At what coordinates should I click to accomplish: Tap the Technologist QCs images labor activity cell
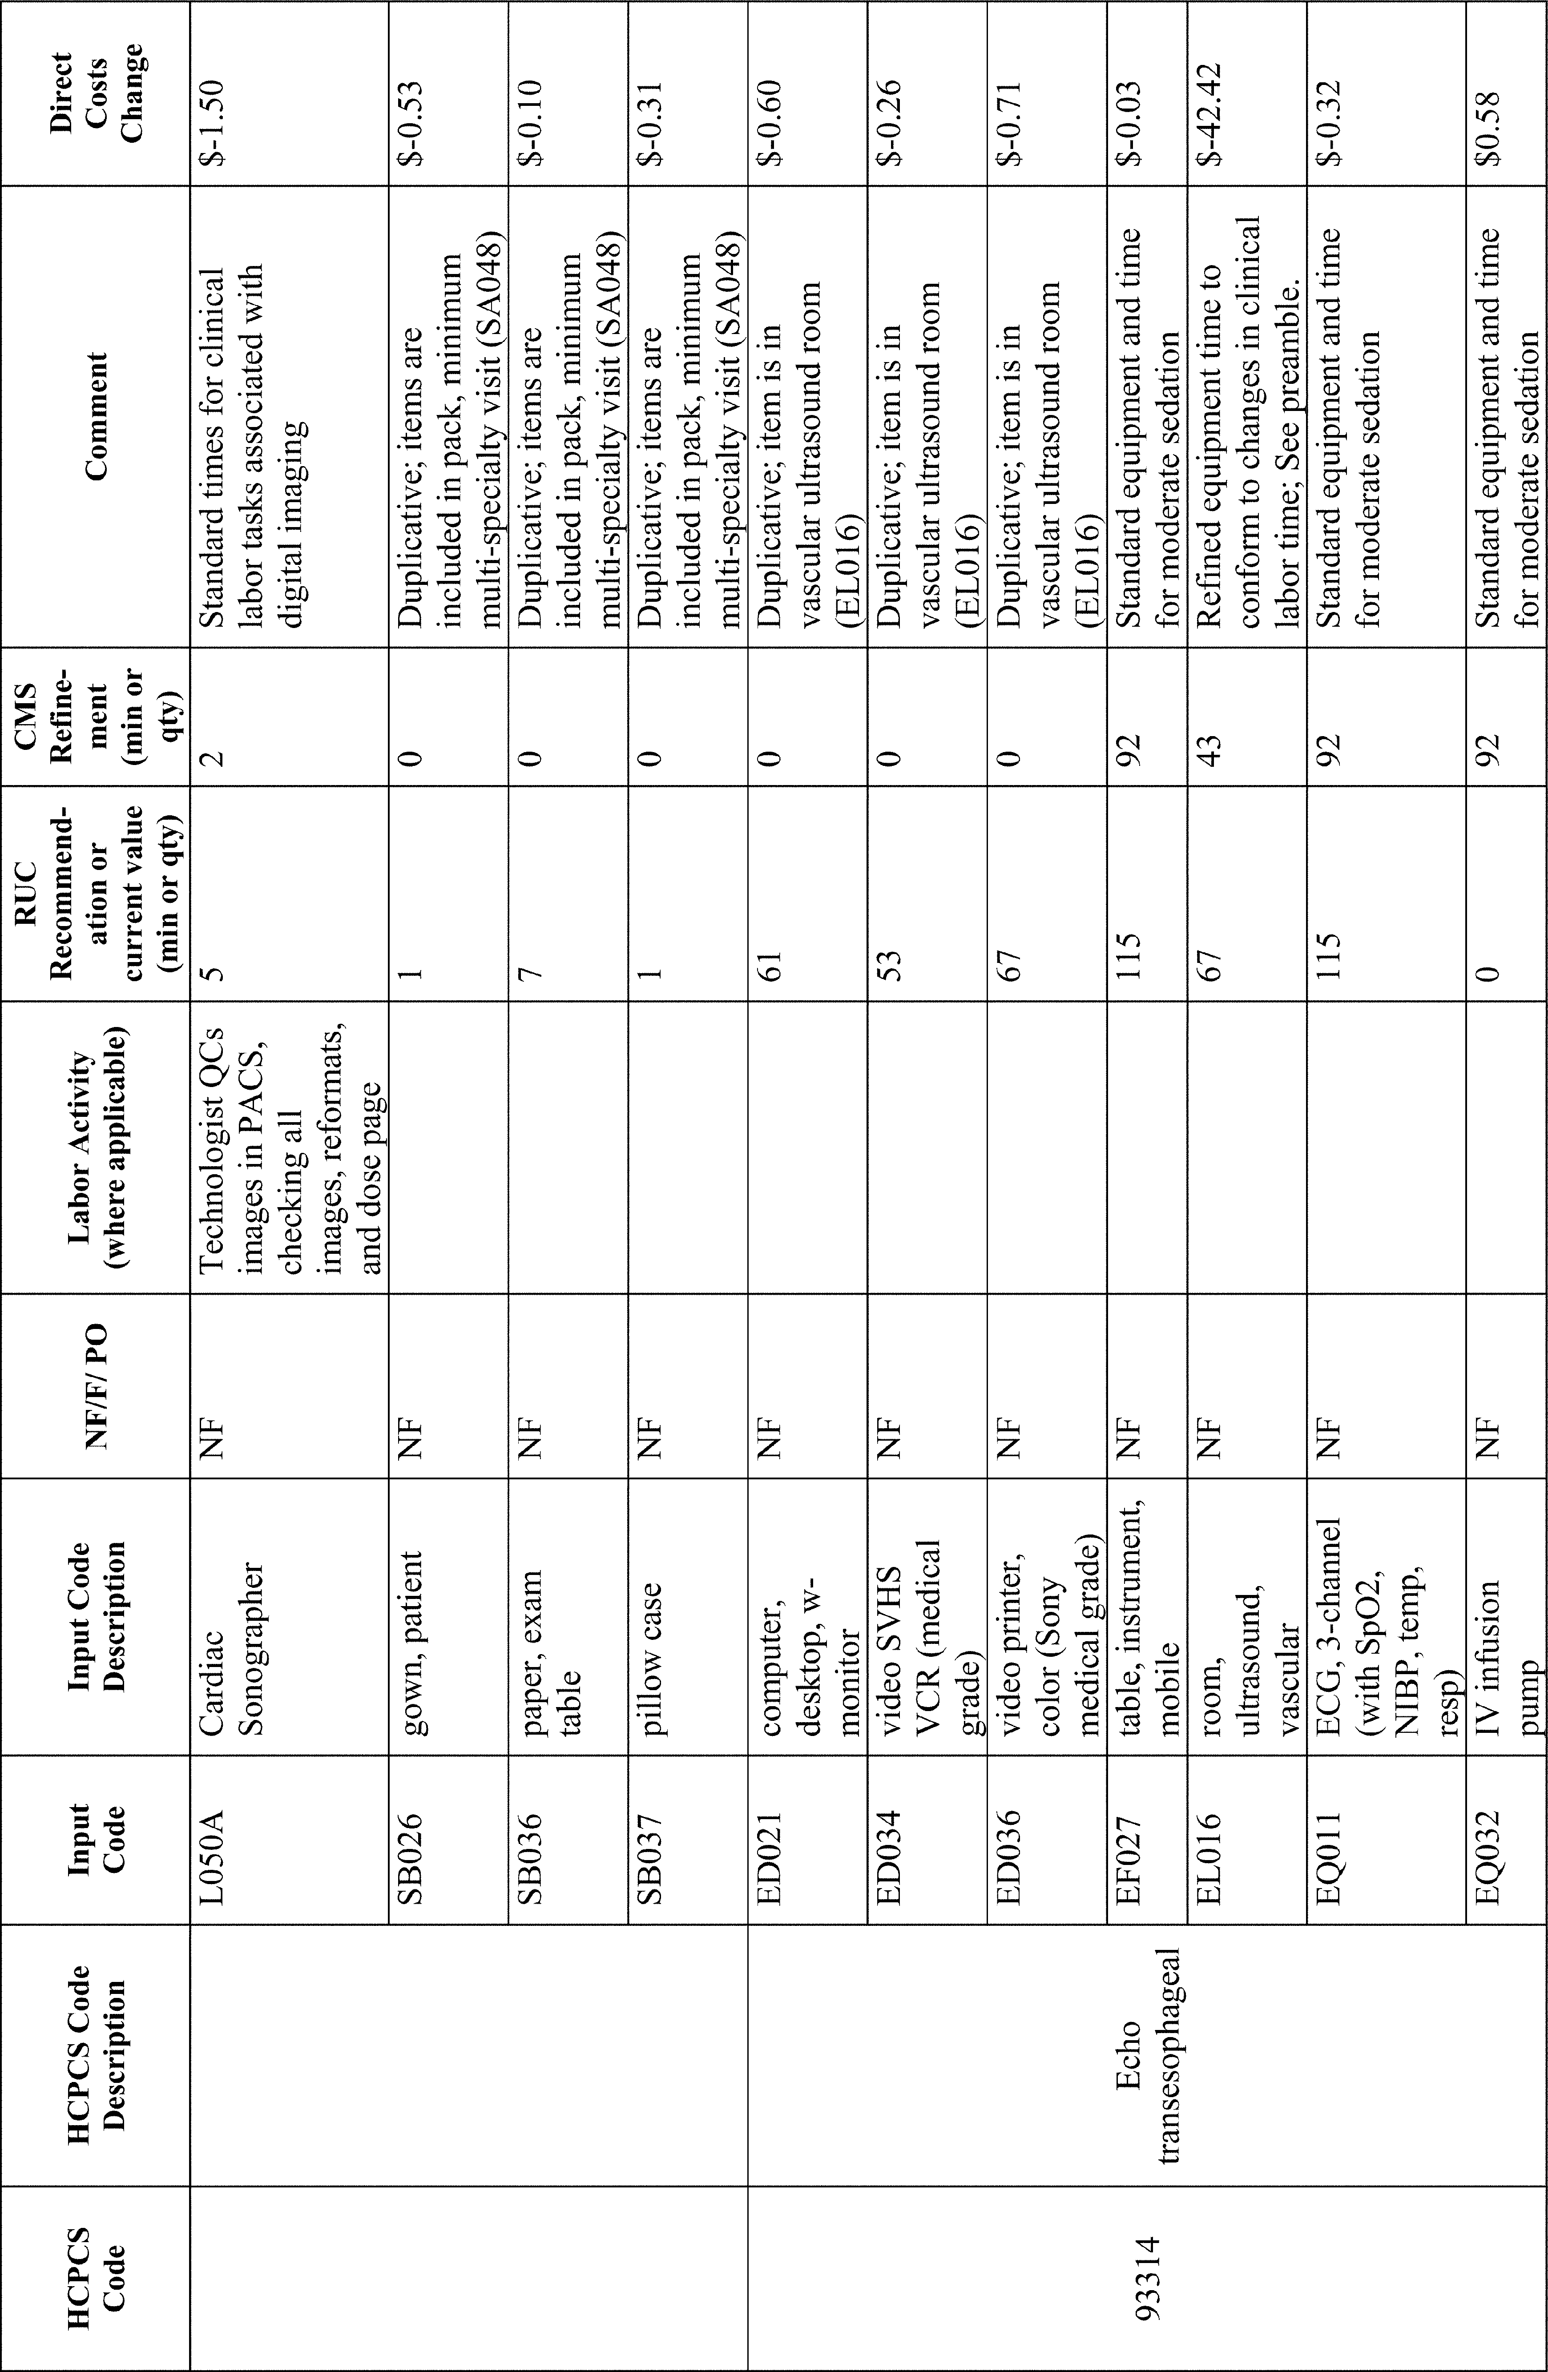(289, 1146)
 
